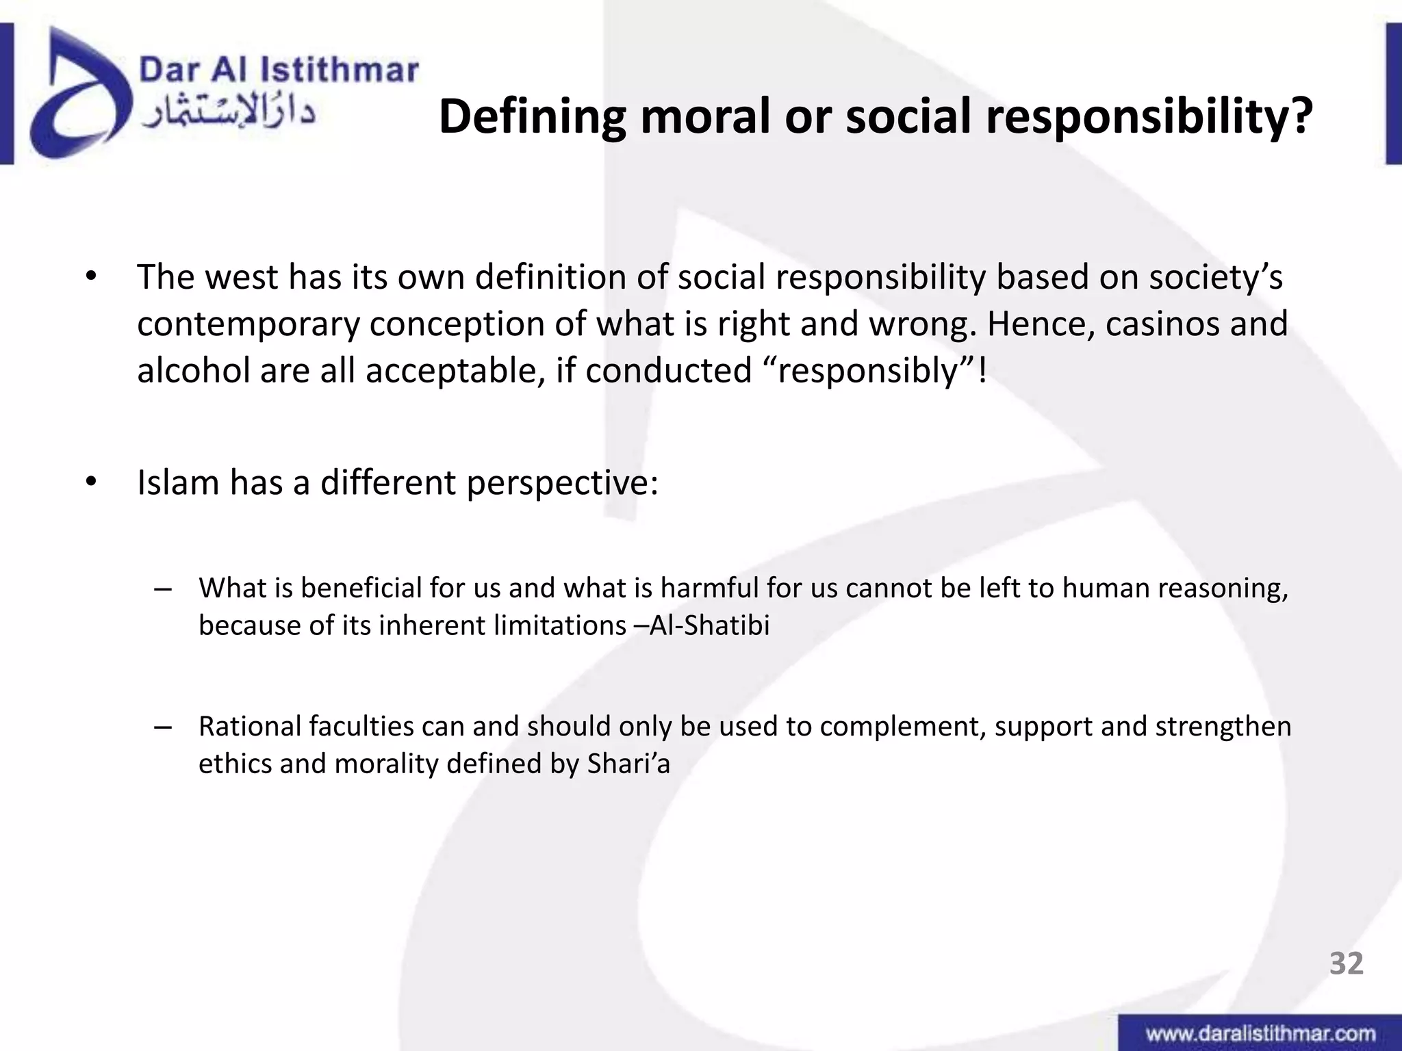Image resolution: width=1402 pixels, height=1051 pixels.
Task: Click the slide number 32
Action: pyautogui.click(x=1346, y=963)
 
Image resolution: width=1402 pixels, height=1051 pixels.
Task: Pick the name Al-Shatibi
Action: pyautogui.click(x=709, y=625)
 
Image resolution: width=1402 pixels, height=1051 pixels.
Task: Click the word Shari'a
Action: pyautogui.click(x=628, y=763)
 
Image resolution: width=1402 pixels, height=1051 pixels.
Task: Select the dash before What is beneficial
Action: pyautogui.click(x=162, y=590)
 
